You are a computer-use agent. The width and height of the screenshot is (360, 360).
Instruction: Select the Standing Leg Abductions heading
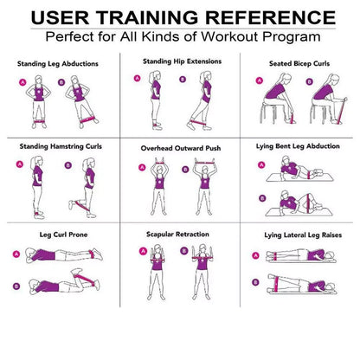(58, 64)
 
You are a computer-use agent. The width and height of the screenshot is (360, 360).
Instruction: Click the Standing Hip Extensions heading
(181, 61)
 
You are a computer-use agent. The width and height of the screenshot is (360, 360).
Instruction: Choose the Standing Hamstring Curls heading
(59, 146)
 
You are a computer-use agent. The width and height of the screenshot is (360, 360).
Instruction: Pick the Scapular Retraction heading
(181, 234)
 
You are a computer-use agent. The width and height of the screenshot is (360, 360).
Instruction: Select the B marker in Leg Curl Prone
(16, 285)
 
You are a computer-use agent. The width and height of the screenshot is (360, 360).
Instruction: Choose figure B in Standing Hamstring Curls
(89, 188)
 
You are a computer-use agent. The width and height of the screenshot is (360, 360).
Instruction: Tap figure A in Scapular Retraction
(157, 267)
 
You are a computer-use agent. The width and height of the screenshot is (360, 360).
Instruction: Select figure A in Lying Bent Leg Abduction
(299, 173)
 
